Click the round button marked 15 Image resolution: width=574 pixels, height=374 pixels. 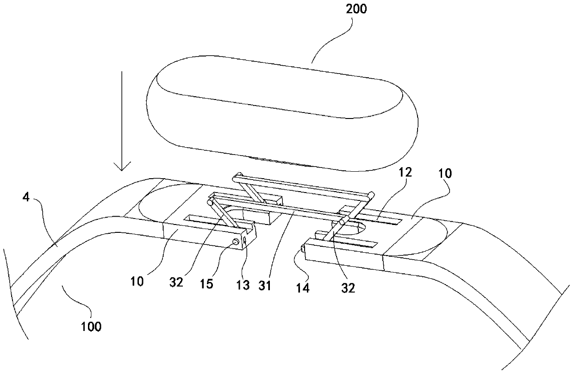[x=236, y=241]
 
